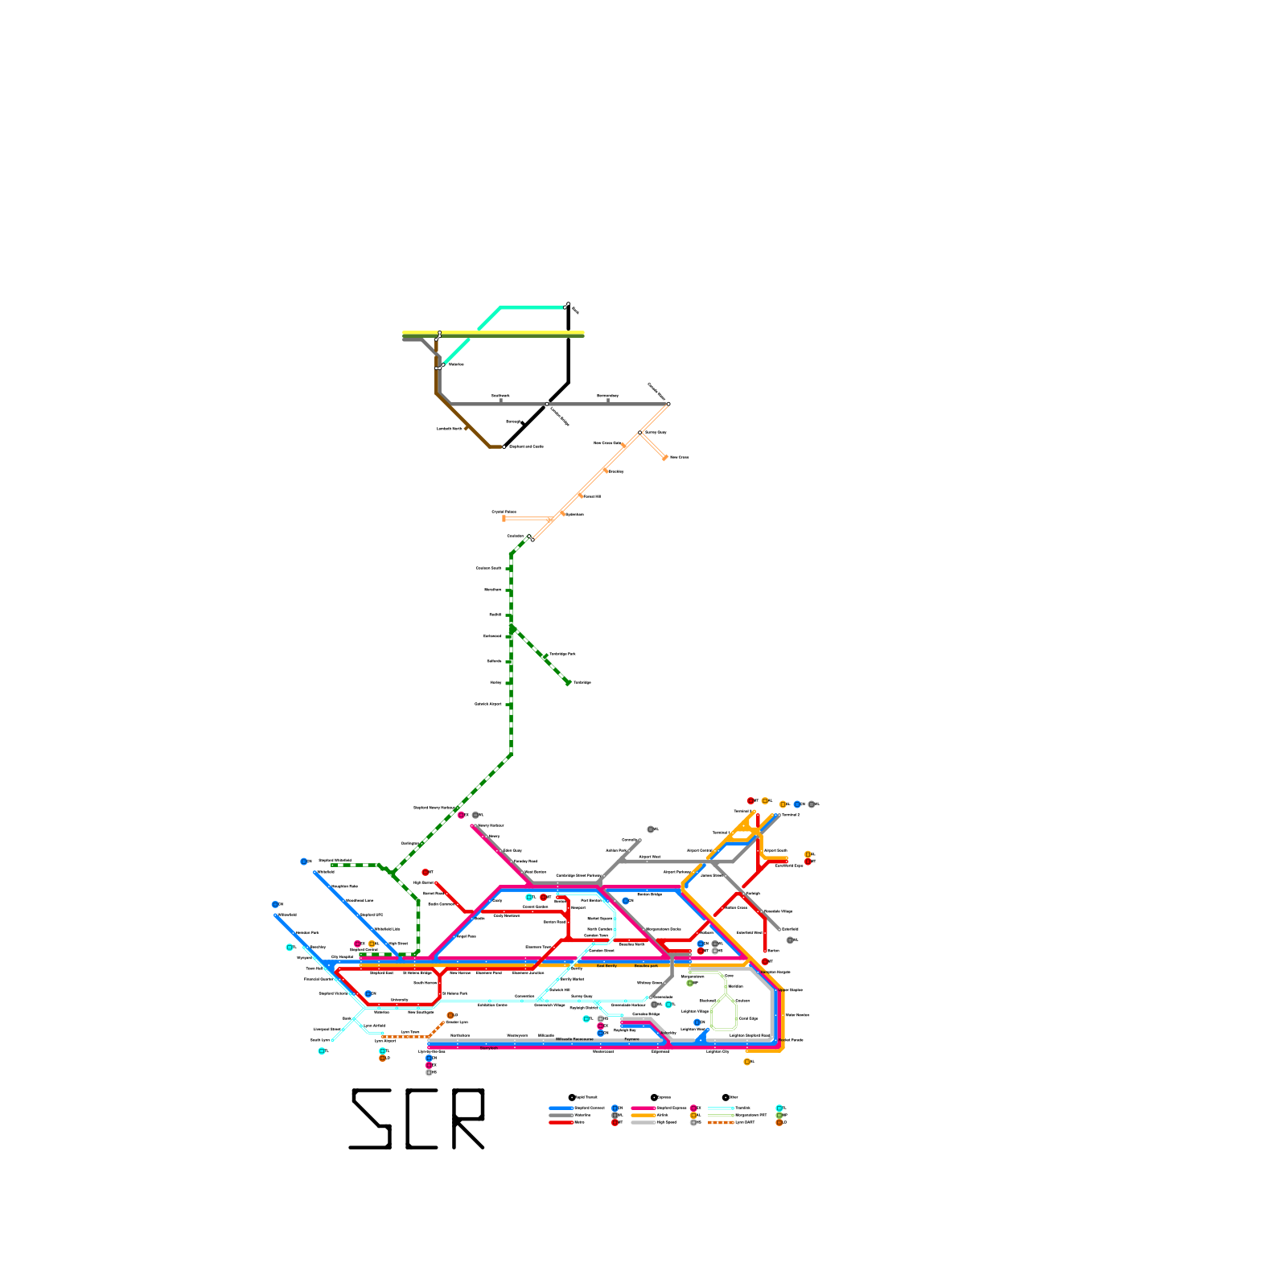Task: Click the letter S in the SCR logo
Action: (371, 1119)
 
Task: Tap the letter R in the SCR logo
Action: (468, 1119)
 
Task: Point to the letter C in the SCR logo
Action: (421, 1119)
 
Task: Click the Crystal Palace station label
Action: (504, 512)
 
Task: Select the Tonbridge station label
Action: (582, 682)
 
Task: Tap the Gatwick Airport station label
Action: (487, 704)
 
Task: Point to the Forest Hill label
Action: (591, 496)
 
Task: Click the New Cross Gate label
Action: (606, 442)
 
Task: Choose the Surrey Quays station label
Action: (656, 432)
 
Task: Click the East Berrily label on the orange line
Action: (606, 965)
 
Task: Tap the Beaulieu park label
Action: (646, 965)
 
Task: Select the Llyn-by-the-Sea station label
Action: (431, 1051)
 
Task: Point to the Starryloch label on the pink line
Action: (488, 1048)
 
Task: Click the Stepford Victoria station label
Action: (332, 993)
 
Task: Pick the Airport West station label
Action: (649, 857)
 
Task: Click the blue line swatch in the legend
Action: (561, 1108)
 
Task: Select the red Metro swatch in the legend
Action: (561, 1122)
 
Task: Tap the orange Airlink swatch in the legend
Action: (643, 1115)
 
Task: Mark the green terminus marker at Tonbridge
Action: (568, 683)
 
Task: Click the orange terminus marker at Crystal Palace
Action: (504, 519)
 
